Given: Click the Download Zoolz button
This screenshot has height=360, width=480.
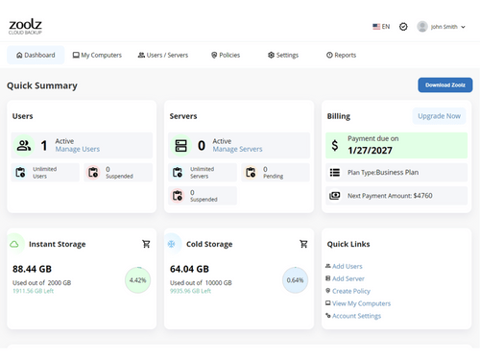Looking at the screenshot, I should coord(444,85).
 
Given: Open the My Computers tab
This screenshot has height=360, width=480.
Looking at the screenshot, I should coord(97,56).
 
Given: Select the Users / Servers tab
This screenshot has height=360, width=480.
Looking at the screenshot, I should coord(163,56).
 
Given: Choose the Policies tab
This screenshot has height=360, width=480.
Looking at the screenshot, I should coord(225,56).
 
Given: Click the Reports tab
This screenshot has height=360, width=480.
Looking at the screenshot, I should coord(341,56).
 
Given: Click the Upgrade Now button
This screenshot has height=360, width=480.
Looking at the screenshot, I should coord(439,116).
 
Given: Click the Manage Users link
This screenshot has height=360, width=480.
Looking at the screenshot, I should coord(78,150).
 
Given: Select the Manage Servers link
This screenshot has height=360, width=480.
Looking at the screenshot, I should coord(238,150).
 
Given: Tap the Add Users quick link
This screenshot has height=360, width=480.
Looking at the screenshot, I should coord(348,265).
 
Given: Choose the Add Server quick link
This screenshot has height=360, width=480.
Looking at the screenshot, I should coord(348,277).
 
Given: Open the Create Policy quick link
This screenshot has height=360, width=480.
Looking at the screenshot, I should coord(351,290).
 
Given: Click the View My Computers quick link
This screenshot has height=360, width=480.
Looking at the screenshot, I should coord(359,302).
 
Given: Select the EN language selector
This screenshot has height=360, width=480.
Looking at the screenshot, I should coord(381,27).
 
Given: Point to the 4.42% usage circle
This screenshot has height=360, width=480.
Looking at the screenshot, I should coord(137,280).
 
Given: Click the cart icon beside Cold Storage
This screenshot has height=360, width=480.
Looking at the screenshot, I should coord(303,244).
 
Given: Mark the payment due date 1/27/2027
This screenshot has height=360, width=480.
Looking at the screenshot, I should coord(372,150).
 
